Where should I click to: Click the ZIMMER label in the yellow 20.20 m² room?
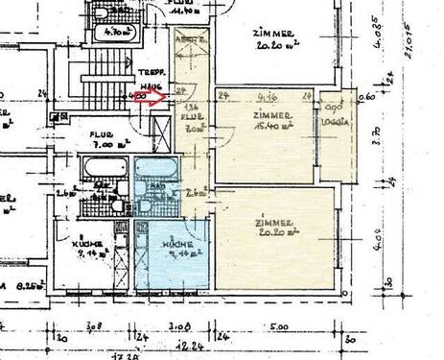273,226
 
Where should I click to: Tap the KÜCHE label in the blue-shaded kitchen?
179,247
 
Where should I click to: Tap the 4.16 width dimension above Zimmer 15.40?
268,96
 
